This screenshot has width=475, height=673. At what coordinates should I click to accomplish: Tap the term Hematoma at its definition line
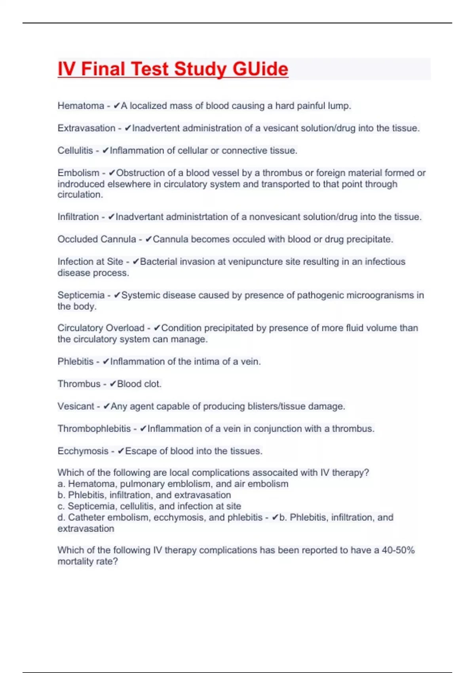coord(81,106)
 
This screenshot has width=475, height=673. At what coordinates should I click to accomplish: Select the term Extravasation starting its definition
coord(86,128)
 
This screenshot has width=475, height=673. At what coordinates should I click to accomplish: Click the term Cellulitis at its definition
coord(75,150)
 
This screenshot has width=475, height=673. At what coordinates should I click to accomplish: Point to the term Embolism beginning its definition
coord(78,173)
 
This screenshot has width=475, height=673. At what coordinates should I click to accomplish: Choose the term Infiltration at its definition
coord(78,217)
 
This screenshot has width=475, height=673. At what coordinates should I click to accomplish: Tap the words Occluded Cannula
coord(97,239)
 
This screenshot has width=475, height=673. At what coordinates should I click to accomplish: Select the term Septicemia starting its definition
coord(81,295)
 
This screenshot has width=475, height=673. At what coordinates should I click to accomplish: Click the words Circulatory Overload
coord(101,328)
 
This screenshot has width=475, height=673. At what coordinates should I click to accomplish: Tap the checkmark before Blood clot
coord(113,384)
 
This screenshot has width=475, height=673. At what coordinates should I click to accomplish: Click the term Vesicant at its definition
coord(76,406)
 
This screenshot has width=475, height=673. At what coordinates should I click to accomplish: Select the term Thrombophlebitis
coord(94,429)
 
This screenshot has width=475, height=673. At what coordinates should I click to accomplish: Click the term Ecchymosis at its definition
coord(83,451)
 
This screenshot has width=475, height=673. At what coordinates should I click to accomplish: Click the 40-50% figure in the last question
coord(398,550)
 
